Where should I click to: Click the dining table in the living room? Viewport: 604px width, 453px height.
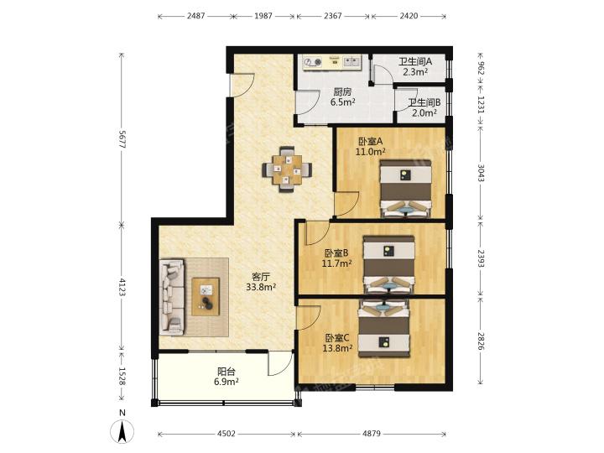pyautogui.click(x=287, y=169)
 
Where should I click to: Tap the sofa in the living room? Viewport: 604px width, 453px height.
pyautogui.click(x=172, y=297)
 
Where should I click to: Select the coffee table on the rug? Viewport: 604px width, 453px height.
pyautogui.click(x=206, y=297)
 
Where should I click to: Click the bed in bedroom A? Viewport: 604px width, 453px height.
pyautogui.click(x=405, y=189)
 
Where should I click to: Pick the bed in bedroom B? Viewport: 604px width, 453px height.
pyautogui.click(x=389, y=264)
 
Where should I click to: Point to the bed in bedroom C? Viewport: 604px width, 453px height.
pyautogui.click(x=383, y=329)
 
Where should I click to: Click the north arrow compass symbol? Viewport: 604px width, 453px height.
pyautogui.click(x=122, y=430)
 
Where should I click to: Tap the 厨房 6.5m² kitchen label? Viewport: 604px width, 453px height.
pyautogui.click(x=342, y=97)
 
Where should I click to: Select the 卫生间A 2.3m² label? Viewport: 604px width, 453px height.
pyautogui.click(x=415, y=66)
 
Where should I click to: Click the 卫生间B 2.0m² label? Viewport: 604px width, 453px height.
pyautogui.click(x=424, y=107)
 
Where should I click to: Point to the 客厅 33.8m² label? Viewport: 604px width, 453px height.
pyautogui.click(x=261, y=282)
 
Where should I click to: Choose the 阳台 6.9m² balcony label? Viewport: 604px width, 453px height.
pyautogui.click(x=226, y=377)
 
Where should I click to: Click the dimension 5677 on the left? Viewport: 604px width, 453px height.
pyautogui.click(x=122, y=139)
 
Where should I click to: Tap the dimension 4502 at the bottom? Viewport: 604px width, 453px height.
pyautogui.click(x=226, y=434)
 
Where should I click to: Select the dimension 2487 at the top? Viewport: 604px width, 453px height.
pyautogui.click(x=196, y=16)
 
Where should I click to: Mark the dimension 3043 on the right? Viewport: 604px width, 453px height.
pyautogui.click(x=482, y=173)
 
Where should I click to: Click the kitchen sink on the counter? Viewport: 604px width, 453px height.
pyautogui.click(x=352, y=61)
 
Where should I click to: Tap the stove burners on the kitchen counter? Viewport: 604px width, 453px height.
pyautogui.click(x=312, y=61)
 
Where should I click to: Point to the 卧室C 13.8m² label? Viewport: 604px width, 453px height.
pyautogui.click(x=338, y=343)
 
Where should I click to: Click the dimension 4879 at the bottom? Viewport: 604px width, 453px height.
pyautogui.click(x=372, y=434)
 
